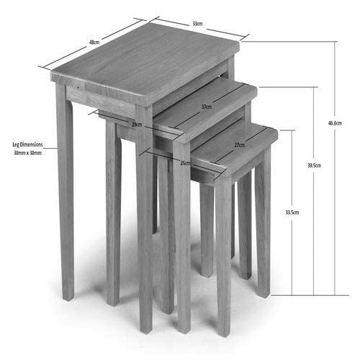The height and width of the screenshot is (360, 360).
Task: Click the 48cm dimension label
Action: (94, 42)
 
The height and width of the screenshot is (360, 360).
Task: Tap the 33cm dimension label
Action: (197, 23)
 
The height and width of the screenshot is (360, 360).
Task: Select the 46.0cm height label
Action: (334, 123)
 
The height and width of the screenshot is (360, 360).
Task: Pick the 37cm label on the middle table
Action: (207, 107)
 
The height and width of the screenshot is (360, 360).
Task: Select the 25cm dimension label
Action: (186, 163)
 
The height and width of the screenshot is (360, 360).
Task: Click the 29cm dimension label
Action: (138, 125)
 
